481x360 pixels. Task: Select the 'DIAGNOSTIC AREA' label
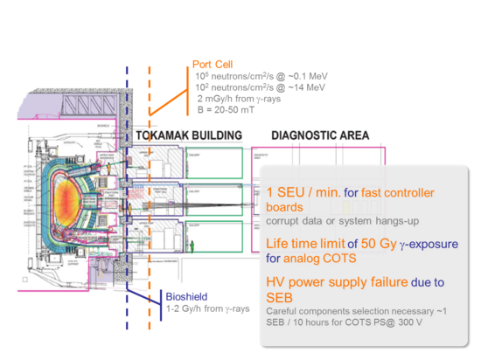pyautogui.click(x=320, y=135)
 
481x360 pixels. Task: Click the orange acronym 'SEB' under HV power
pyautogui.click(x=282, y=298)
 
